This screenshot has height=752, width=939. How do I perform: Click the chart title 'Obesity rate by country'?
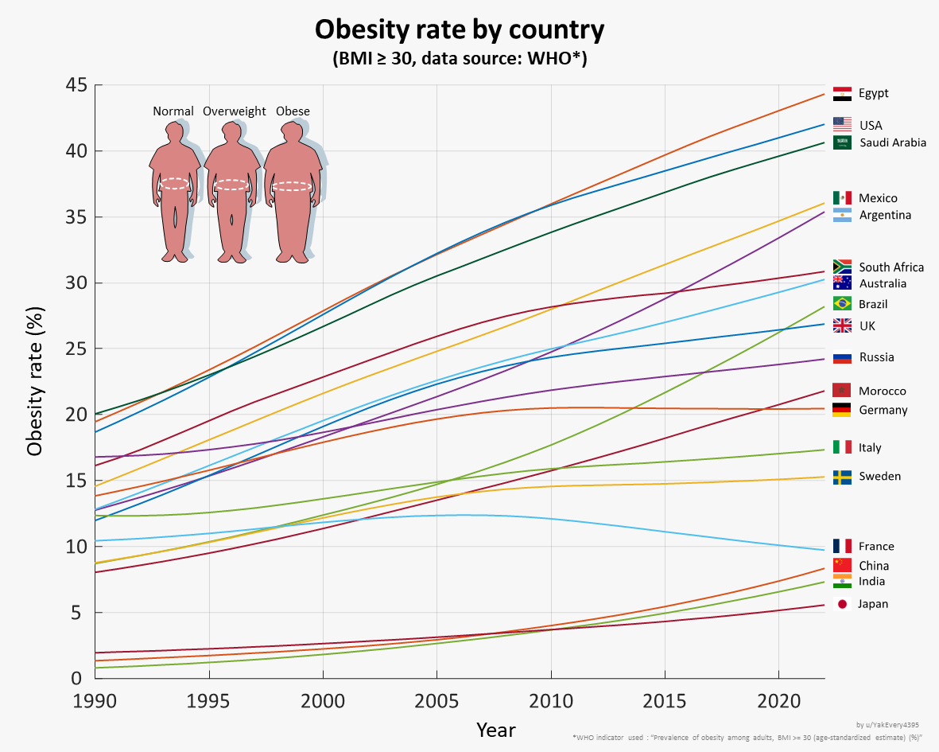460,29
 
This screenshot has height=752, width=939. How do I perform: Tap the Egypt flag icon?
842,93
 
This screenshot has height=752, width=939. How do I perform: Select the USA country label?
870,125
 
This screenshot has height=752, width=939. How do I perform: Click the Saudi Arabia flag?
842,142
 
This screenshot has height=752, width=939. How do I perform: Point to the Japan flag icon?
842,604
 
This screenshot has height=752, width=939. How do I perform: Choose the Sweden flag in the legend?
842,477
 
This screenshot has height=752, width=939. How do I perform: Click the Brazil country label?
873,304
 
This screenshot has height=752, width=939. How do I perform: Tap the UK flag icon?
842,325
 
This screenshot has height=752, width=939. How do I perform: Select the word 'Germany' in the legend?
883,410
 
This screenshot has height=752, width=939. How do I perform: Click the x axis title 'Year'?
496,730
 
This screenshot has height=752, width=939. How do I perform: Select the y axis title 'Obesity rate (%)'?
35,381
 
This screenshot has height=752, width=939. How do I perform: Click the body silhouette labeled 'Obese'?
293,191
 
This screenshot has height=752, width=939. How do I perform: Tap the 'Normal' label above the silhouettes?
173,111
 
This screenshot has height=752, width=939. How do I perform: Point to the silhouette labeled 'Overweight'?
232,191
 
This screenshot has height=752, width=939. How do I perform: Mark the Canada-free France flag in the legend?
842,546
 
